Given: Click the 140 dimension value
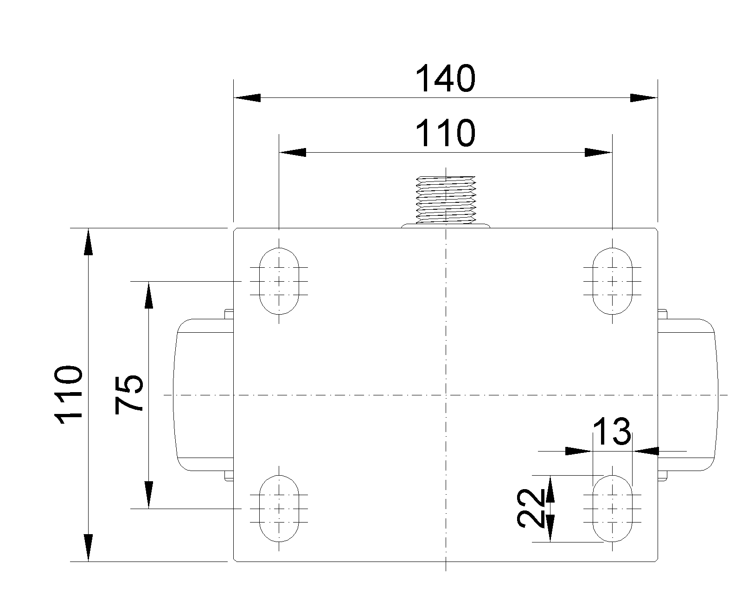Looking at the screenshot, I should pos(445,78).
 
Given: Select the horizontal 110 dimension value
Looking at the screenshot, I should pos(445,133).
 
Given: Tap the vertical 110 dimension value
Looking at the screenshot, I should pos(69,395).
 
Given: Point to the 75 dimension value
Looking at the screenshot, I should pos(129,394).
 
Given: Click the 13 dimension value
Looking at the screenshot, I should pos(612,432).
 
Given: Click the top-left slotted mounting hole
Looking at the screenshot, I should pos(279,281).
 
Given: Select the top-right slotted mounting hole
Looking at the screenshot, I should pos(613,281).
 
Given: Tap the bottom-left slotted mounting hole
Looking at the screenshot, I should pos(279,509).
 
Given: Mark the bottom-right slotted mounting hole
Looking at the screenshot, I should pos(613,509).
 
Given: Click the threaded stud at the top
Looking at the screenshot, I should pos(445,200).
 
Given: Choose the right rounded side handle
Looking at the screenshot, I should pos(688,395).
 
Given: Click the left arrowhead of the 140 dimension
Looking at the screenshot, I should pos(247,98).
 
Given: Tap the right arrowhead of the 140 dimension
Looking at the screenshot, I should pos(644,98).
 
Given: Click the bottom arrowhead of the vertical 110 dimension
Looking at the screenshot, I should pos(88,548).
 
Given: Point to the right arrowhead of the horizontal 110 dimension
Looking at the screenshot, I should pos(598,152).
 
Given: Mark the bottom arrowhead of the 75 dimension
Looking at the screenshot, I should pos(148,495).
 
